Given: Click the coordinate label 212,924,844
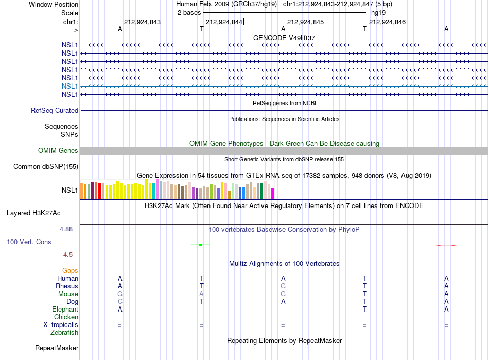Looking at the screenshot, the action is coord(224,22).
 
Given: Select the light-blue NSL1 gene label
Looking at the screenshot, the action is coord(69,86).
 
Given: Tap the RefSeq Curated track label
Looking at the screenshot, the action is coord(55,110).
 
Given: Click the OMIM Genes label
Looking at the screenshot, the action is coord(58,151).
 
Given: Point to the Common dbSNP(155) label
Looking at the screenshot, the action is coord(46,166).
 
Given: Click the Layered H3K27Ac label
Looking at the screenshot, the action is coord(33,213).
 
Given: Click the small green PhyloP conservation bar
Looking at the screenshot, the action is coord(200,245).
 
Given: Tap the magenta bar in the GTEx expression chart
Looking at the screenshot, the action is coord(273,194).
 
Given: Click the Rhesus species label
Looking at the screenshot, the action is coord(67,286).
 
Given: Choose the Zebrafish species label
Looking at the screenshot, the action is coord(64,333).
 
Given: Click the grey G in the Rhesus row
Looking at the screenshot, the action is coord(283,286).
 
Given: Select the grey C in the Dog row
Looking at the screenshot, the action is coord(120,302).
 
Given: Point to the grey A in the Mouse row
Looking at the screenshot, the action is coord(201,294).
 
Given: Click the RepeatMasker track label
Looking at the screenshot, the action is coord(57,348).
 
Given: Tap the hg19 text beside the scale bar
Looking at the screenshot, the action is coord(378,13).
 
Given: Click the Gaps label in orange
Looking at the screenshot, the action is coord(70,271).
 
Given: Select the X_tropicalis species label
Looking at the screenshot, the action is coord(61,325).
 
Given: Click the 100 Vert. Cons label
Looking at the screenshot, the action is coord(29,242).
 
